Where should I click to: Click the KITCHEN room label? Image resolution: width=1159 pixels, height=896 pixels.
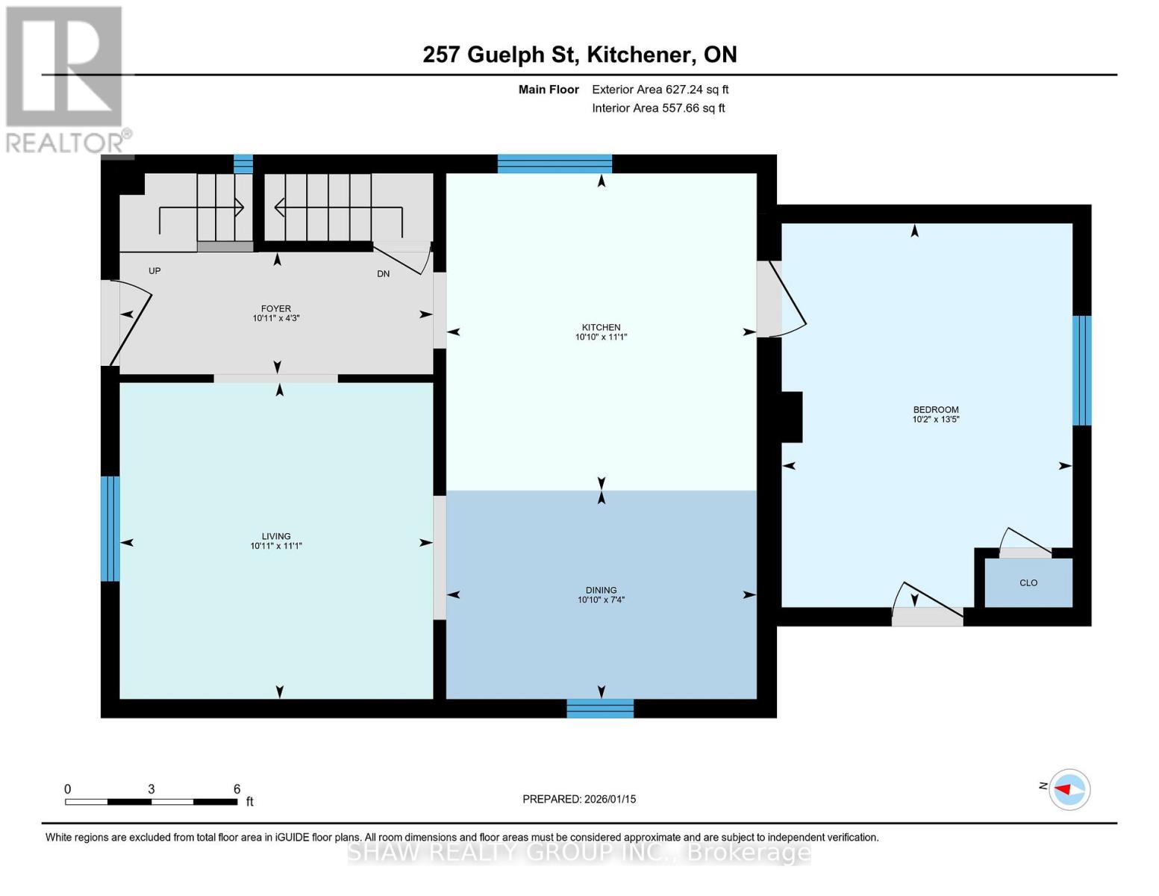coord(601,327)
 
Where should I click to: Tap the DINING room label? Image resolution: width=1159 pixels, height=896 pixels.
coord(601,590)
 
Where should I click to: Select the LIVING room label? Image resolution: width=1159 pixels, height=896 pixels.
coord(275,536)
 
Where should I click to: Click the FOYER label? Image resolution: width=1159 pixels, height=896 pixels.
coord(275,308)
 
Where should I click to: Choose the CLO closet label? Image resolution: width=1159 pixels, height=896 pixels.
coord(1028,582)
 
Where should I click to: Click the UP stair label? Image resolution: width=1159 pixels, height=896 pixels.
coord(154,271)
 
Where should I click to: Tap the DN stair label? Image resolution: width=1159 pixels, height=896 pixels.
coord(383,274)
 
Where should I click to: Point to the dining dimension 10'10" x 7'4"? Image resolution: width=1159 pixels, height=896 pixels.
coord(601,600)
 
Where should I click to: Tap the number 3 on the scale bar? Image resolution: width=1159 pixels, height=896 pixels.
coord(151,789)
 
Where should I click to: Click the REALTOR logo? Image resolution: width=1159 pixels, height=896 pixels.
coord(66,78)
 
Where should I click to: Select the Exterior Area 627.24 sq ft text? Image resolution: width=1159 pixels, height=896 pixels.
coord(660,90)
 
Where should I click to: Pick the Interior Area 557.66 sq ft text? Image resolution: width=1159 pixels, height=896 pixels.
coord(658,108)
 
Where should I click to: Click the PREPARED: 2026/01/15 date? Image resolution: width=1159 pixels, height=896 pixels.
coord(579,799)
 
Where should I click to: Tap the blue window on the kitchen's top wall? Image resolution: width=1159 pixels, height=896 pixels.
coord(554,164)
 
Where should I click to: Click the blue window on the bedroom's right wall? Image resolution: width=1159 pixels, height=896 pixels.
coord(1081,370)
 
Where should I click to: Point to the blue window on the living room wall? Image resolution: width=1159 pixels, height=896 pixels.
coord(110,529)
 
